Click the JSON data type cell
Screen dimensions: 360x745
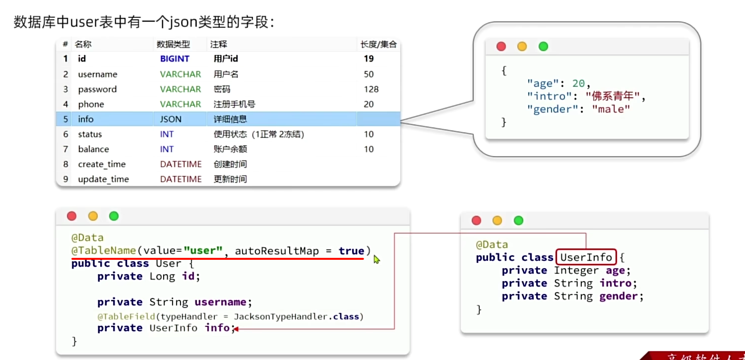(x=171, y=119)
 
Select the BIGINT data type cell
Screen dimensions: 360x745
(x=175, y=59)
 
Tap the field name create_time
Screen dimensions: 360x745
(x=102, y=164)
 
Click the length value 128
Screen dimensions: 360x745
(x=371, y=89)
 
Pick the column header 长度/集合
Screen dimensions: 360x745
(x=378, y=44)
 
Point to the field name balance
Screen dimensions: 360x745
(x=93, y=149)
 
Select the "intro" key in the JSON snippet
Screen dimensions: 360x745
(x=546, y=96)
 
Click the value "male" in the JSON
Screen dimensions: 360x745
(x=611, y=109)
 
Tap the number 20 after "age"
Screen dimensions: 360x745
(x=578, y=84)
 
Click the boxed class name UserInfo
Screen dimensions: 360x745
(x=586, y=257)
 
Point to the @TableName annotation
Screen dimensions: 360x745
(x=103, y=251)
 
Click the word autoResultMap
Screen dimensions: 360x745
(x=277, y=251)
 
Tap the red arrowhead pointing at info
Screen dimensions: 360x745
(x=235, y=328)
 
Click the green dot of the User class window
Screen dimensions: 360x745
(x=114, y=216)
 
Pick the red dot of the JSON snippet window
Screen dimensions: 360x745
(x=501, y=46)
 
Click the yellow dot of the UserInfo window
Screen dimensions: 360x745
(x=497, y=221)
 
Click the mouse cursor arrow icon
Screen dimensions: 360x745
(x=376, y=259)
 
